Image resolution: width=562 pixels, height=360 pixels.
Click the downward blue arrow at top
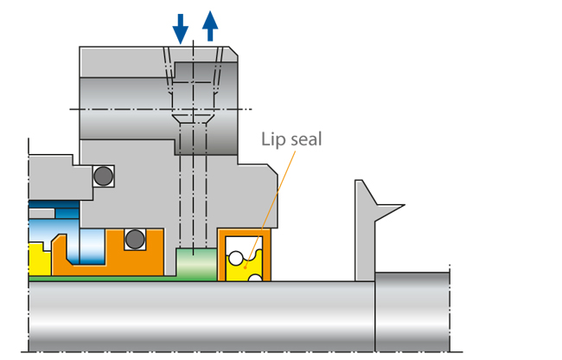tap(180, 29)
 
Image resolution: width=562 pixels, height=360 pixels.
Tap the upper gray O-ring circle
tap(103, 176)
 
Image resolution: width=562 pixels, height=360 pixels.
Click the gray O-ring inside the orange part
tap(133, 238)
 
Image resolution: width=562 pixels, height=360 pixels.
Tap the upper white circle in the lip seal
tap(234, 256)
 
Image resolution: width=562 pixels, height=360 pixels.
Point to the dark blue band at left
tap(41, 210)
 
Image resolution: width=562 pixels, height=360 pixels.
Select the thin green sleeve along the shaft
tap(112, 278)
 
